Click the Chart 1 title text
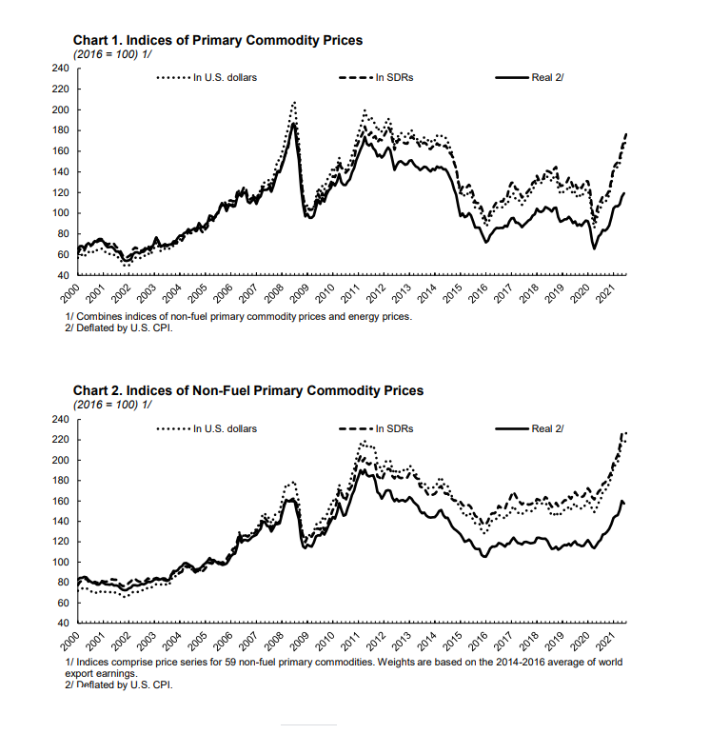coord(218,40)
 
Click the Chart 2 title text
coord(248,390)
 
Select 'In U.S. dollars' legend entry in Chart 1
coord(225,77)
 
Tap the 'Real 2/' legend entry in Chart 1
coord(547,77)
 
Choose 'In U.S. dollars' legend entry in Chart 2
coord(225,428)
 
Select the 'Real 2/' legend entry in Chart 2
coord(547,428)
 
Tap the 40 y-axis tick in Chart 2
coord(63,624)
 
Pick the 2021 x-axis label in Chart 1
coord(602,291)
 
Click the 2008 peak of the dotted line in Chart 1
coord(294,101)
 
